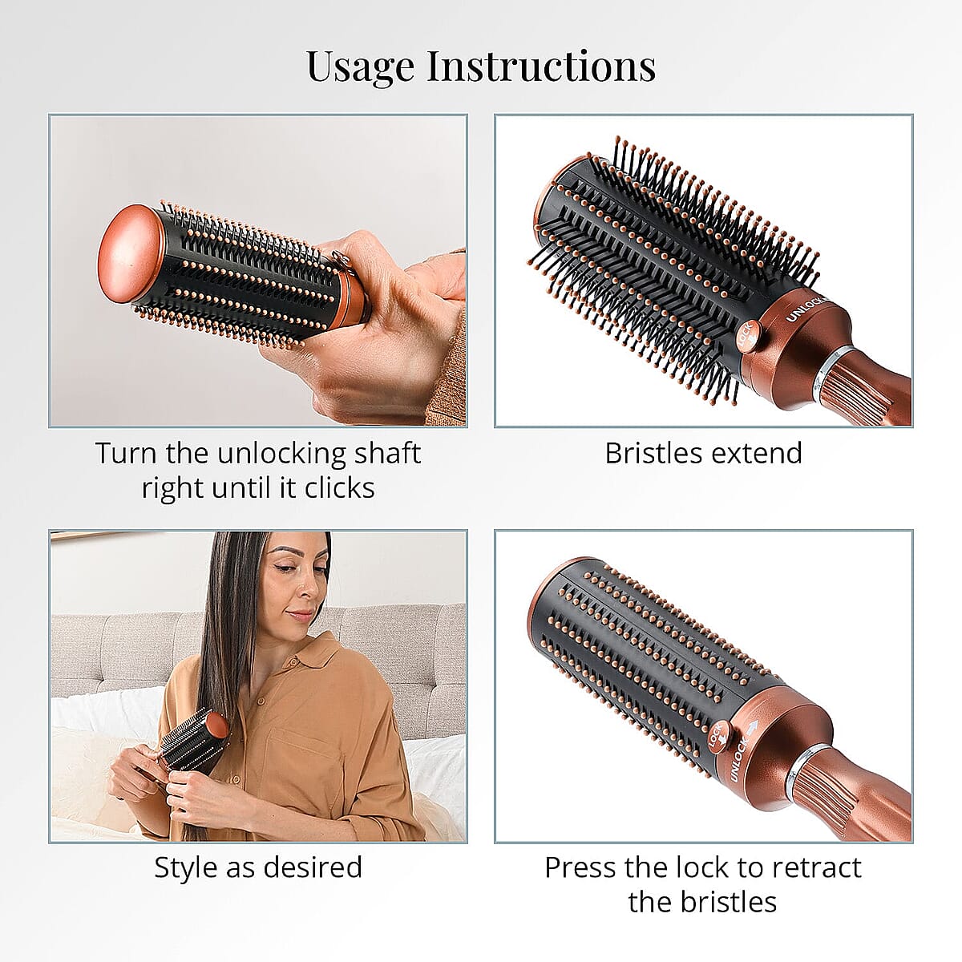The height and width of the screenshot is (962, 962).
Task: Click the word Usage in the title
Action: coord(361,67)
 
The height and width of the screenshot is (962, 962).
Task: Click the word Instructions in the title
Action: coord(541,67)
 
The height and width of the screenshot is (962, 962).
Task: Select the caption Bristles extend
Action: coord(703,453)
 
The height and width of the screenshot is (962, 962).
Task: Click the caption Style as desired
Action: coord(257,867)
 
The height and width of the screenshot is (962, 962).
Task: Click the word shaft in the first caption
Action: coord(388,453)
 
